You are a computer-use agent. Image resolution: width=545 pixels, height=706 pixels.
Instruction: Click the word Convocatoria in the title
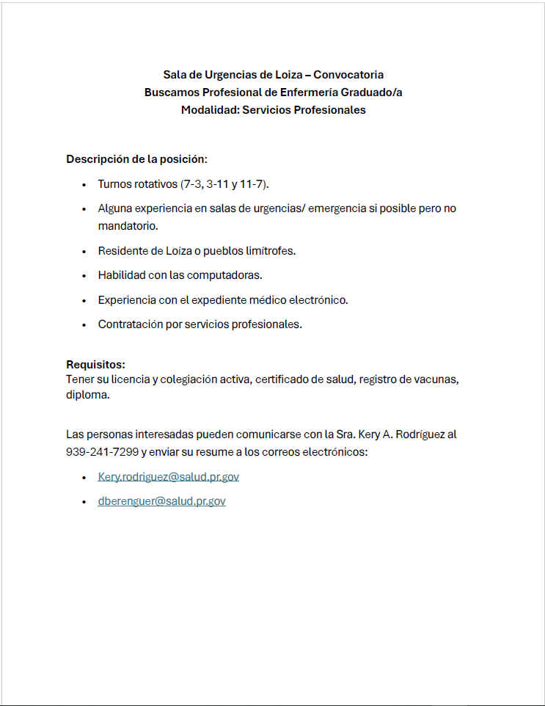348,75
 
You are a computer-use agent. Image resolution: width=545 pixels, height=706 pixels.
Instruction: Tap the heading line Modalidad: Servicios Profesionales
273,110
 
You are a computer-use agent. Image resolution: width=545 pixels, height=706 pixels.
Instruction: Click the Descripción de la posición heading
136,159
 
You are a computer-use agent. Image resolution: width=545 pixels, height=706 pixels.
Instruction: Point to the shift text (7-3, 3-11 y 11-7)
225,183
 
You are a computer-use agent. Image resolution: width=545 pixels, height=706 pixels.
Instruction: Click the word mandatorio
128,225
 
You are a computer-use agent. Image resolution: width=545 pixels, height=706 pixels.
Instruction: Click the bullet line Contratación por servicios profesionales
200,324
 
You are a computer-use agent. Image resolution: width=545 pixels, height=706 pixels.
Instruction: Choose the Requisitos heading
95,365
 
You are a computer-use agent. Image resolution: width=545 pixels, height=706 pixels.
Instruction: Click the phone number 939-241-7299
102,452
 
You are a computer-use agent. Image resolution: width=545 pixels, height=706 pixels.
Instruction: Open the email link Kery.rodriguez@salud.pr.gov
168,477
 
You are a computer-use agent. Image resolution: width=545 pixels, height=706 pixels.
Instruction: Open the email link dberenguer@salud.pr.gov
161,501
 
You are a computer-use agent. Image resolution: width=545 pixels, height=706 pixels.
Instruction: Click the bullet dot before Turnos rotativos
85,184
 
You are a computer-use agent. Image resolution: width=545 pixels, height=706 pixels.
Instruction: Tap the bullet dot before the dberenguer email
85,502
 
